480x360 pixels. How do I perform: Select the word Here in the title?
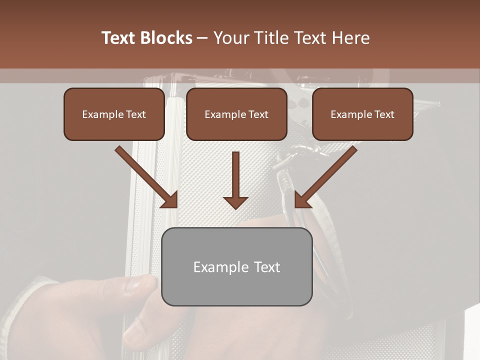click(x=350, y=38)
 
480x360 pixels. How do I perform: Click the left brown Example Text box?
click(x=114, y=114)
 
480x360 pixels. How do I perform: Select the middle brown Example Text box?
click(x=236, y=114)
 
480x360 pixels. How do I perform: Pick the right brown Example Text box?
click(x=362, y=114)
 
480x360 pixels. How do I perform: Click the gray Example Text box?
click(x=236, y=266)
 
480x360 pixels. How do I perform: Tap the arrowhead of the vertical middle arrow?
click(x=235, y=202)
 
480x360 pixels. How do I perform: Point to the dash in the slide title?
click(x=202, y=38)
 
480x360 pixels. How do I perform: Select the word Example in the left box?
click(x=102, y=114)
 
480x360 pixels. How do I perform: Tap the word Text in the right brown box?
click(x=384, y=114)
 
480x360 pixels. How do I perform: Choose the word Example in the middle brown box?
click(x=225, y=114)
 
